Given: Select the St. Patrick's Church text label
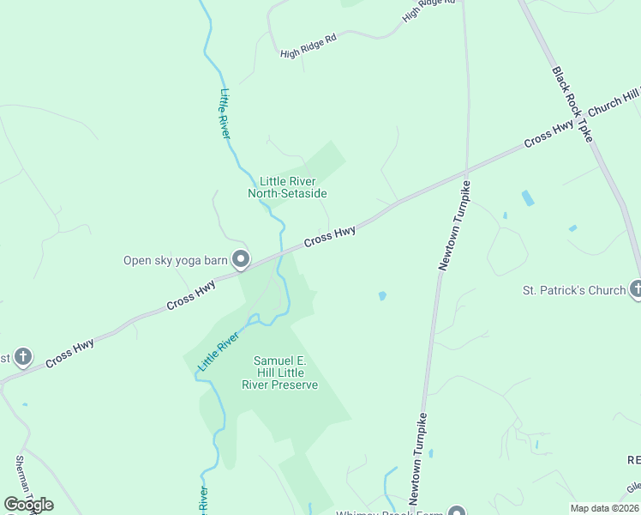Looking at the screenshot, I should (x=574, y=290).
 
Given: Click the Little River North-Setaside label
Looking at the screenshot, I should (x=287, y=187).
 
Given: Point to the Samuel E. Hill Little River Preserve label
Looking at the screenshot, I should (x=285, y=373).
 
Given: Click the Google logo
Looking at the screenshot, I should (x=28, y=505).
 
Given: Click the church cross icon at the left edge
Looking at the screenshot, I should (x=23, y=355).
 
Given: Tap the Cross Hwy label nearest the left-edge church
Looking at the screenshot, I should (x=69, y=353).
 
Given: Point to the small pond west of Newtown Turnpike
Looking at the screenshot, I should (x=381, y=296).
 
